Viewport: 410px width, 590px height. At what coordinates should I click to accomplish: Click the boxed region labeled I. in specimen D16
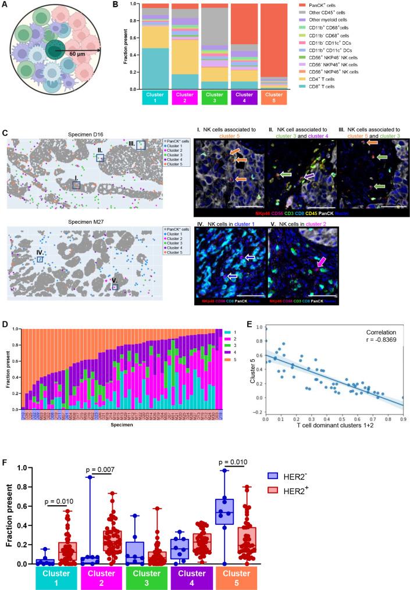tap(76, 184)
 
